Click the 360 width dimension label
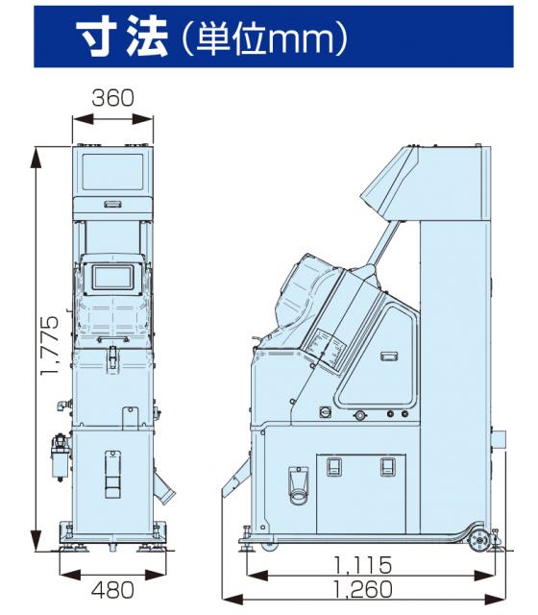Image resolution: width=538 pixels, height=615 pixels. [112, 98]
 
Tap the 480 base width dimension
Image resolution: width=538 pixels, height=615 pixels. [112, 589]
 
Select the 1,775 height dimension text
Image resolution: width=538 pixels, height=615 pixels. [51, 346]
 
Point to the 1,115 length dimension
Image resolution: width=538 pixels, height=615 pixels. [363, 565]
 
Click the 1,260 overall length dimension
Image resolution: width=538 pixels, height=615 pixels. [363, 589]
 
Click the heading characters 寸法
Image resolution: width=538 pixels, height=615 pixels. [122, 37]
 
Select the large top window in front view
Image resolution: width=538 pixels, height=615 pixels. [113, 171]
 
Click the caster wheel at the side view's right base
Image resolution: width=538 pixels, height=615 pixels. [479, 540]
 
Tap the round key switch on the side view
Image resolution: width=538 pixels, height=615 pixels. [326, 412]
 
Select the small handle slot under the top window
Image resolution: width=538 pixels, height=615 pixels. [112, 204]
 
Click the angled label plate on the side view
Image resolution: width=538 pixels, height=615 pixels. [328, 347]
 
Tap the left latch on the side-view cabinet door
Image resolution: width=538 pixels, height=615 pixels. [333, 467]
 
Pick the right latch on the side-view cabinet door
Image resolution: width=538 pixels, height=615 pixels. [388, 467]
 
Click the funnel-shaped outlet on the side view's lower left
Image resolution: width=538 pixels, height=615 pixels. [298, 485]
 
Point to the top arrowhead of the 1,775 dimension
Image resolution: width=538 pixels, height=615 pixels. [37, 157]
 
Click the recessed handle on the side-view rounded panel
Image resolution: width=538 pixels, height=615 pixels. [389, 357]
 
